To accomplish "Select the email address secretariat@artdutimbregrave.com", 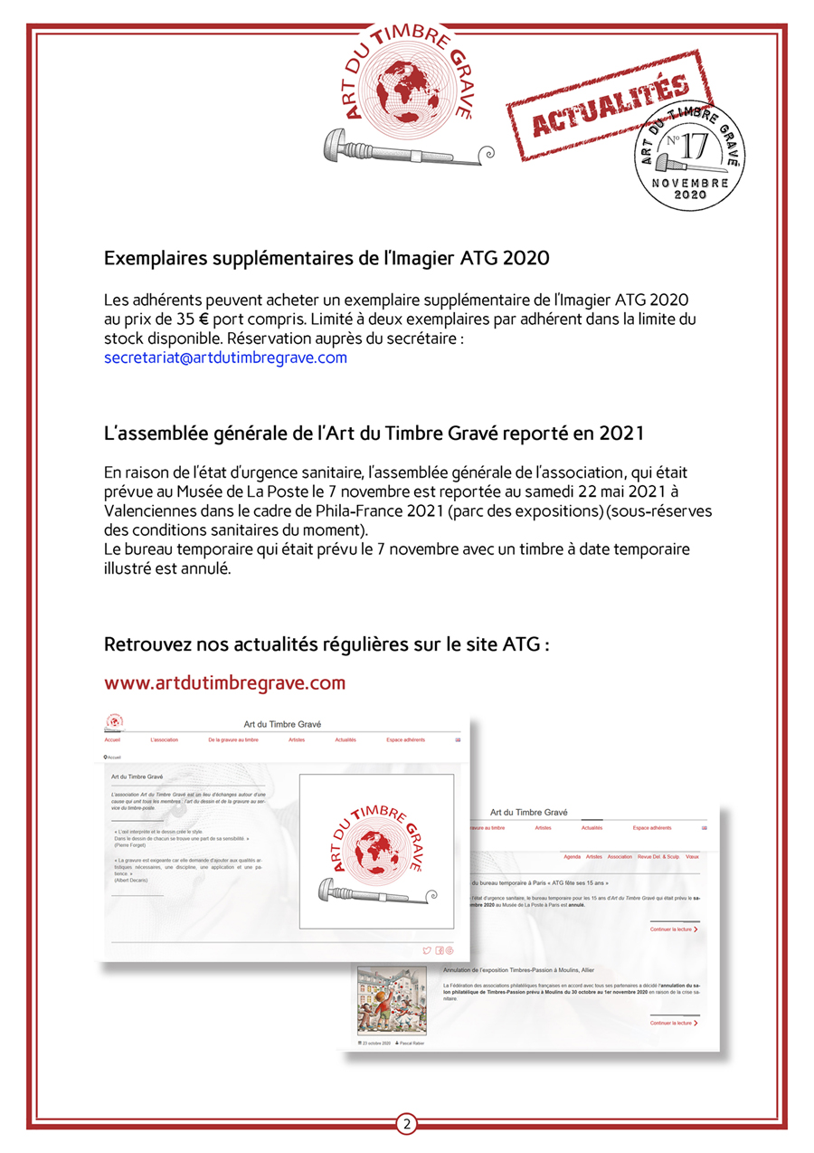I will point(226,357).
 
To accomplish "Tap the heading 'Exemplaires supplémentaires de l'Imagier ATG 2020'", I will point(327,259).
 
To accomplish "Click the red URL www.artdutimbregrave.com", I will point(225,682).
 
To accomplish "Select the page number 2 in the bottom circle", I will point(407,1124).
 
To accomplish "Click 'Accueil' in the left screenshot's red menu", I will point(112,739).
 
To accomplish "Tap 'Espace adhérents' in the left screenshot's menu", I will point(406,739).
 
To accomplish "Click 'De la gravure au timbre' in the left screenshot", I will point(232,739).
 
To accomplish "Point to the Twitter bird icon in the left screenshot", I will point(427,949).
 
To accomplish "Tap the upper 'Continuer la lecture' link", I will point(673,929).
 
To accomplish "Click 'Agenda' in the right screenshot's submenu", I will point(572,856).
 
